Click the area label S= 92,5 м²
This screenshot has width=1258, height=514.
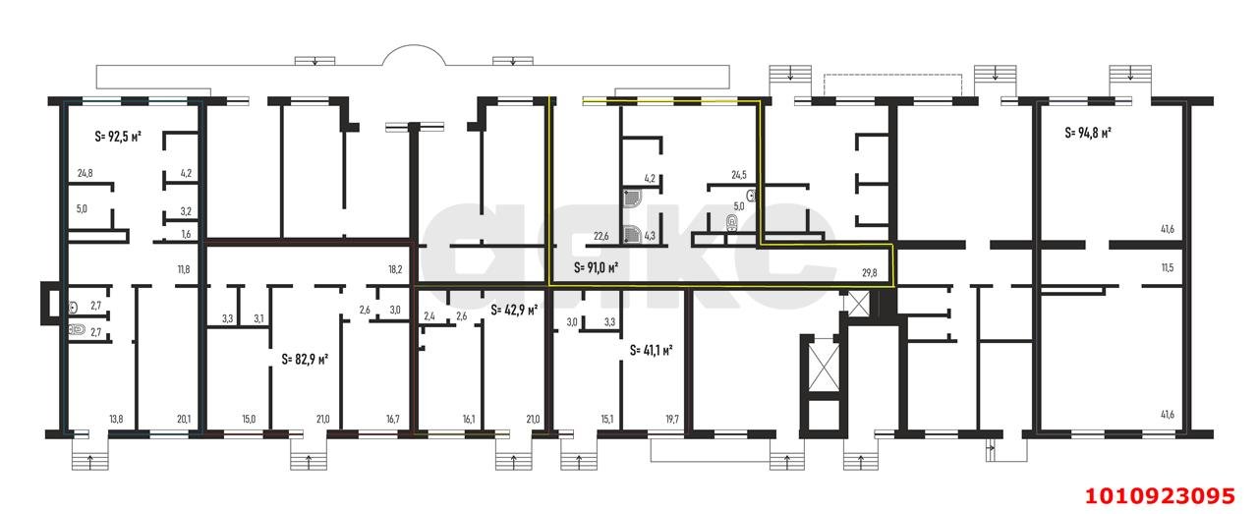tap(118, 137)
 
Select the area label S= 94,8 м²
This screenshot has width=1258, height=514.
tap(1088, 133)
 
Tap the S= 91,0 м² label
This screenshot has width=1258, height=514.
tap(596, 266)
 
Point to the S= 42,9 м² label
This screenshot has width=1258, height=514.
tap(514, 310)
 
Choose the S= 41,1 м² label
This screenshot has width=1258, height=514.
tap(651, 349)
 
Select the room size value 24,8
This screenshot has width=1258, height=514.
tap(86, 175)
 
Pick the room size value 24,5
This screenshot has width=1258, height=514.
tap(740, 176)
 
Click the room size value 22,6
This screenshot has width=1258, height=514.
tap(601, 235)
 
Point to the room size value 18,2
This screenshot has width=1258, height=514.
tap(395, 267)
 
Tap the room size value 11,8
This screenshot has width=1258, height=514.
tap(184, 267)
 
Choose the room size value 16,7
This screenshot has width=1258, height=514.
tap(393, 420)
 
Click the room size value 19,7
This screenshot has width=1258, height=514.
tap(672, 420)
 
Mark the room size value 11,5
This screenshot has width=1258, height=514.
tap(1168, 267)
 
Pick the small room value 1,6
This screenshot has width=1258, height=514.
tap(185, 235)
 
